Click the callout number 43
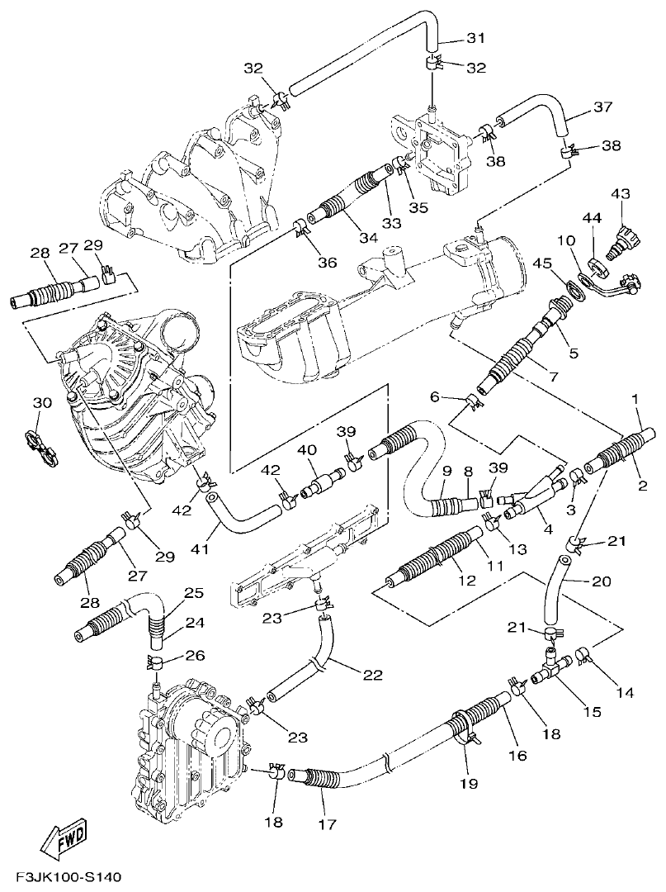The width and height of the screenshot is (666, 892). click(620, 194)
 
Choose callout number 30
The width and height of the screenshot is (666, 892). click(41, 402)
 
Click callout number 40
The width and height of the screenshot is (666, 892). click(307, 451)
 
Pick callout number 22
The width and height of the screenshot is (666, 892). click(373, 675)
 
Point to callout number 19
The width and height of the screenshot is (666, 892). click(470, 783)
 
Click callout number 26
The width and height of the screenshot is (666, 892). click(194, 656)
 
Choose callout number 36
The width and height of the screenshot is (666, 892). click(328, 262)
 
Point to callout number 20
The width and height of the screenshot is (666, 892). click(602, 581)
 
